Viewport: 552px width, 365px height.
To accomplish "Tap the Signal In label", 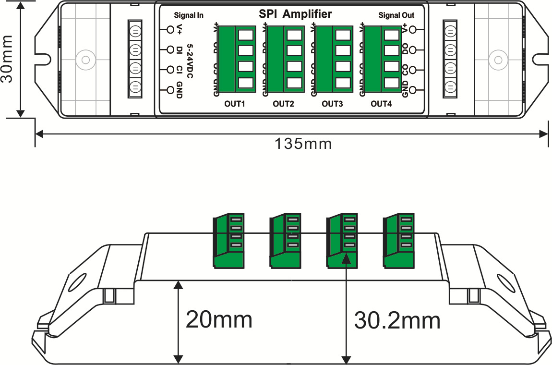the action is coord(189,15).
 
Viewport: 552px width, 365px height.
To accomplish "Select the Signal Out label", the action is coord(396,15).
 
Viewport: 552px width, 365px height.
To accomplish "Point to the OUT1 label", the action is coord(235,103).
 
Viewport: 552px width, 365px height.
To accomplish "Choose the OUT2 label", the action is coord(283,103).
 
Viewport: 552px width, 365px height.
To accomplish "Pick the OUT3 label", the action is coord(332,103).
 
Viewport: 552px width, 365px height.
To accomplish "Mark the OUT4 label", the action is coord(382,103).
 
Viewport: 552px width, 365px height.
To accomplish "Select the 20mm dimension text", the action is coord(219,319).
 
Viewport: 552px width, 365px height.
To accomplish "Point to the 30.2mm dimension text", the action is coord(397,320).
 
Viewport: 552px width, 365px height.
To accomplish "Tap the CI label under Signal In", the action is coord(179,70).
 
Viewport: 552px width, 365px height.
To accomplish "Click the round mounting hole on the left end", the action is coord(85,60).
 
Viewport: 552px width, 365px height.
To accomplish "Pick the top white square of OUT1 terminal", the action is coord(245,35).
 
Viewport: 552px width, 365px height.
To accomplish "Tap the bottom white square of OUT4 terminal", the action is coord(392,83).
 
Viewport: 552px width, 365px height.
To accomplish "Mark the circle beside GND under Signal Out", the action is coord(412,90).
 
